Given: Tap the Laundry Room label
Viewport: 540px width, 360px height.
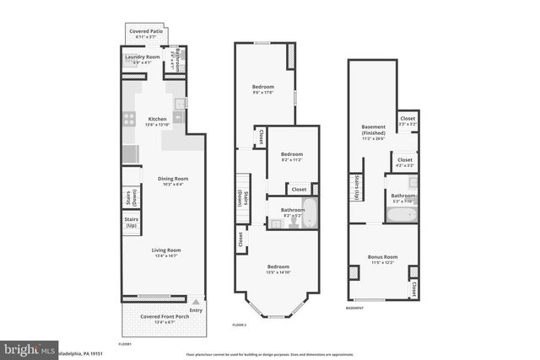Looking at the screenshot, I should tap(142, 57).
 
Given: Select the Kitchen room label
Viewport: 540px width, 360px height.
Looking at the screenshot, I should tap(158, 119).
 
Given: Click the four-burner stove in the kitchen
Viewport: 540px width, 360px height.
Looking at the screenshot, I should tap(130, 120).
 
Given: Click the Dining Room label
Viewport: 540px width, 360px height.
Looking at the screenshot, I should tap(172, 178).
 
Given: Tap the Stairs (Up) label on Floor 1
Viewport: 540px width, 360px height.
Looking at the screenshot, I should tap(132, 223).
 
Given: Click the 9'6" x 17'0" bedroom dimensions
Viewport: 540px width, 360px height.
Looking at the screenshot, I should tap(264, 93).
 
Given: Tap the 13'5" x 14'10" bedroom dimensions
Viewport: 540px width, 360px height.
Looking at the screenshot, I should tap(278, 271).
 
